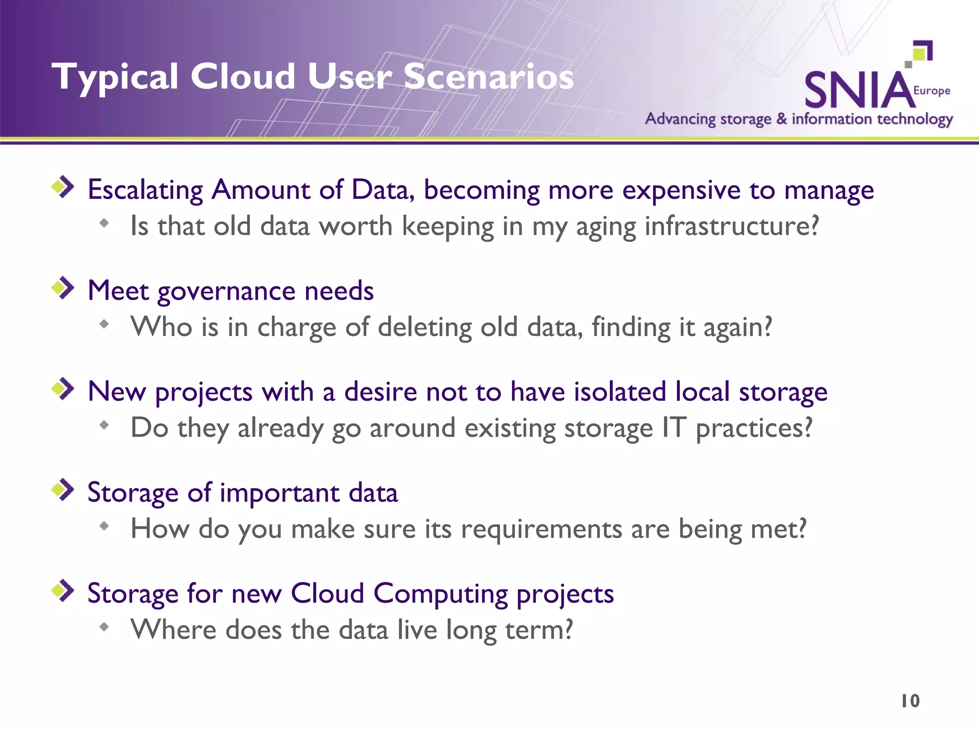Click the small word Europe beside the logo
point(932,90)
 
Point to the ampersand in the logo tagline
point(781,119)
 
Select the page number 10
point(910,701)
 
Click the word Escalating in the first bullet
point(145,190)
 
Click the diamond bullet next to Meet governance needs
point(63,288)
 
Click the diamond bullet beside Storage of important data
point(63,490)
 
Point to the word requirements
point(541,529)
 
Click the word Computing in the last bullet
point(440,594)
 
